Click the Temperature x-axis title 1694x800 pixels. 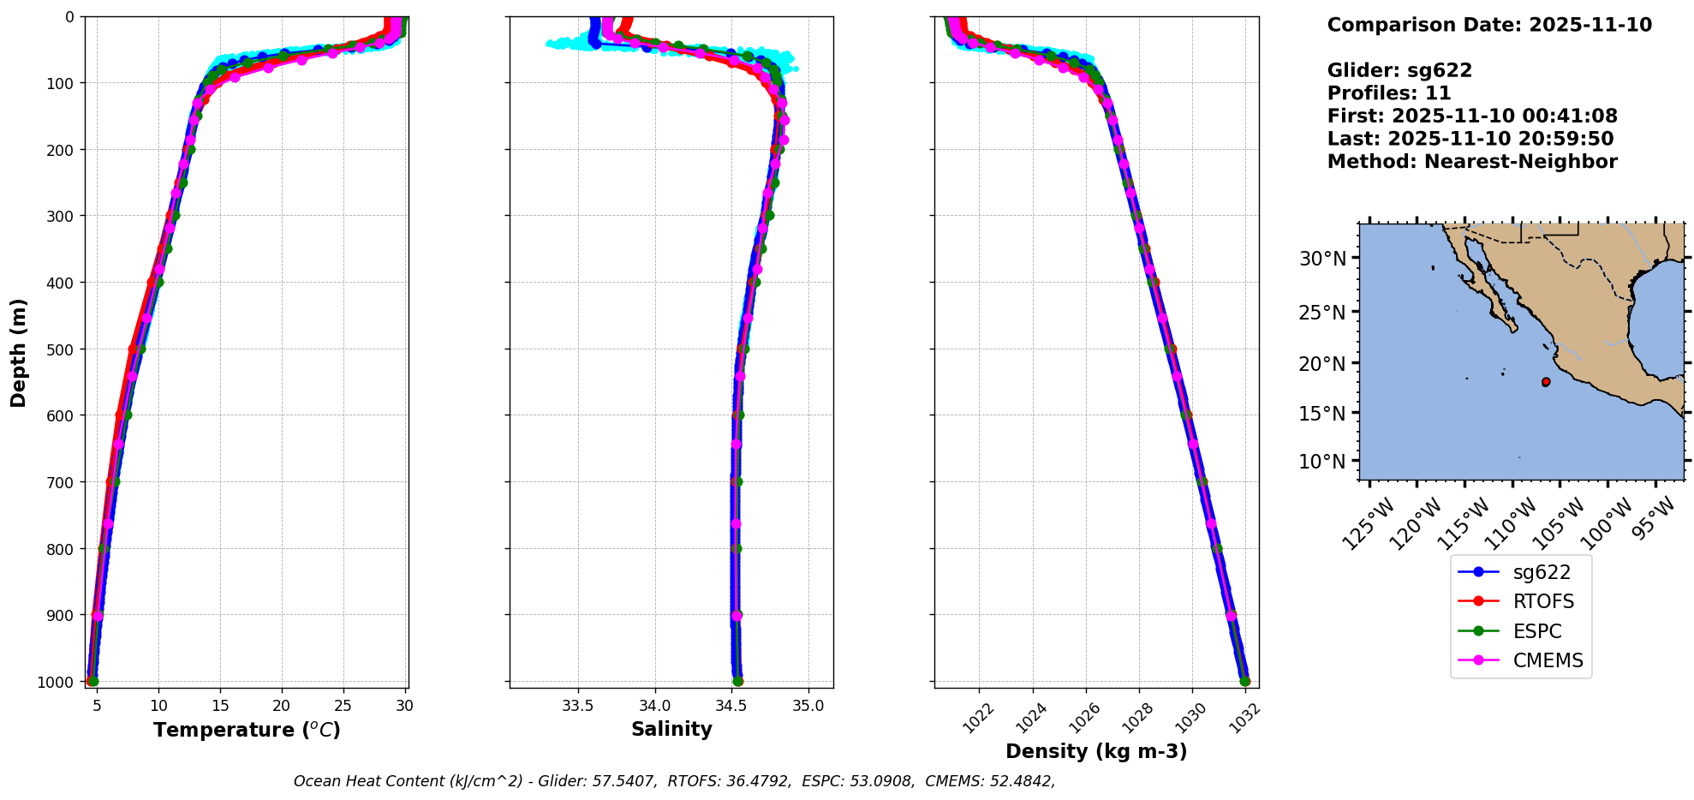(247, 730)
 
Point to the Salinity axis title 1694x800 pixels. (671, 730)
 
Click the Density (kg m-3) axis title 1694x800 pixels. (1096, 752)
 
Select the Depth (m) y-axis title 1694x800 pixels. (19, 353)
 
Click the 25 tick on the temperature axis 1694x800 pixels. (343, 707)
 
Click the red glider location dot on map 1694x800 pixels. (1546, 382)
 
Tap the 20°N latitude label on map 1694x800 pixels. (1322, 364)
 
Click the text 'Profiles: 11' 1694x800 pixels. (1388, 93)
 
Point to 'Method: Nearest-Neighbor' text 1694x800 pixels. (1471, 162)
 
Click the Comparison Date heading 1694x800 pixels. (1488, 25)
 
